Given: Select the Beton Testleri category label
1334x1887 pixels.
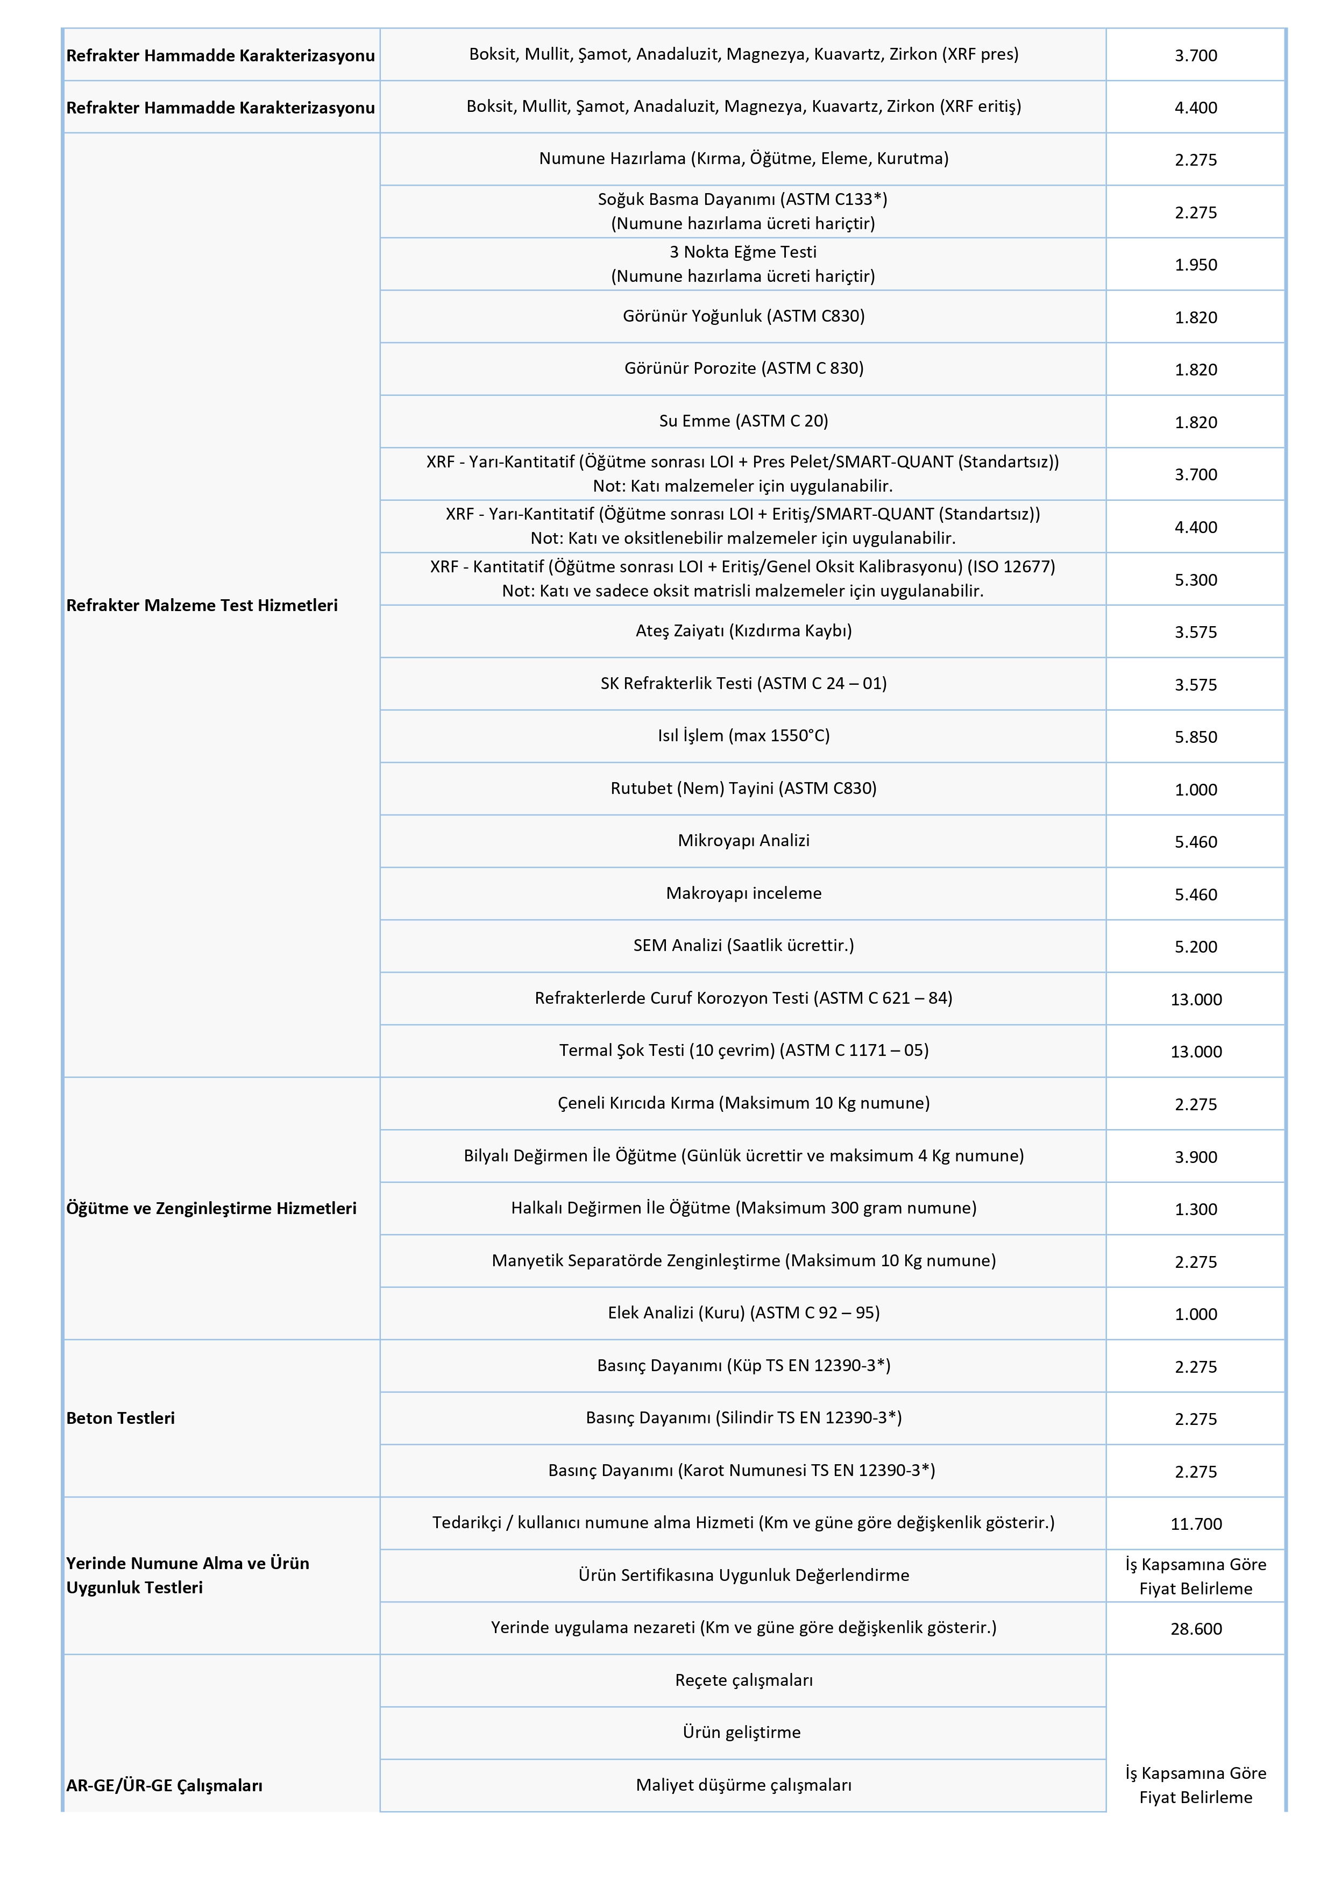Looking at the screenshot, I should pyautogui.click(x=121, y=1418).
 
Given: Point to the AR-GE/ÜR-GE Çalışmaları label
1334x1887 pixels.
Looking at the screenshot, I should pyautogui.click(x=165, y=1785).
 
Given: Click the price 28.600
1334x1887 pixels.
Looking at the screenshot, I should pyautogui.click(x=1196, y=1628).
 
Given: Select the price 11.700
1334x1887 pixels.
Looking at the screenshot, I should pyautogui.click(x=1196, y=1524).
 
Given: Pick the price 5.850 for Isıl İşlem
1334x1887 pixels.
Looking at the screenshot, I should pyautogui.click(x=1196, y=737).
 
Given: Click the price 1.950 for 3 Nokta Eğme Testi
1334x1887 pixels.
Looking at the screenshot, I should pyautogui.click(x=1196, y=265).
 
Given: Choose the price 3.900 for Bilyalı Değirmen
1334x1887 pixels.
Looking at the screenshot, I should pyautogui.click(x=1196, y=1157).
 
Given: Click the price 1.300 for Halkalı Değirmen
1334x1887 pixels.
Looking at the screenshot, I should pyautogui.click(x=1196, y=1209).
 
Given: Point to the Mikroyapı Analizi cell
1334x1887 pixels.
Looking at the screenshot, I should pyautogui.click(x=744, y=841).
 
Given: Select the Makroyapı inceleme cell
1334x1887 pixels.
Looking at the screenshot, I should pyautogui.click(x=744, y=893).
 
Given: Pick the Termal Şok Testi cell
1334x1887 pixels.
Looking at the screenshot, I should pyautogui.click(x=744, y=1051).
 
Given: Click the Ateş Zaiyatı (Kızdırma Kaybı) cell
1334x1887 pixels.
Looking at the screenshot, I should pyautogui.click(x=744, y=630).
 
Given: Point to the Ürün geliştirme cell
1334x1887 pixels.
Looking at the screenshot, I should pyautogui.click(x=744, y=1733).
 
